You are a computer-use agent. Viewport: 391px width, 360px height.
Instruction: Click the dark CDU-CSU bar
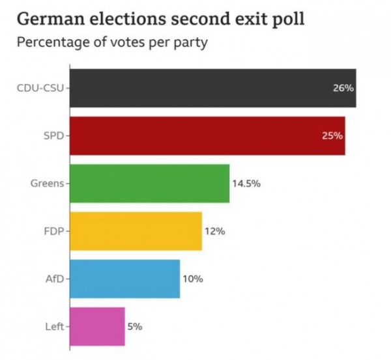click(212, 88)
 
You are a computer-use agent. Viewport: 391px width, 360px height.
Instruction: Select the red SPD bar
click(207, 135)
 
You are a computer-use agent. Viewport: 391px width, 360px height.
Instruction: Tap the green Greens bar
click(149, 183)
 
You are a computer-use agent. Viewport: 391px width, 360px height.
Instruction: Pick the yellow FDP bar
click(136, 231)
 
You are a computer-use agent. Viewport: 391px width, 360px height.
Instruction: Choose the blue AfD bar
click(124, 279)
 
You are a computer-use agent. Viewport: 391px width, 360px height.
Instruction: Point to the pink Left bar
click(97, 326)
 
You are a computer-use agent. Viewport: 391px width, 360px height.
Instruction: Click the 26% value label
click(343, 88)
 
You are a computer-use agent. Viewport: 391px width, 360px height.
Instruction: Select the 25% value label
click(332, 135)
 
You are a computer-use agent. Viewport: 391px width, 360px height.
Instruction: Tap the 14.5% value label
click(246, 184)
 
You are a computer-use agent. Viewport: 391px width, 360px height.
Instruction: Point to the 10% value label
click(193, 279)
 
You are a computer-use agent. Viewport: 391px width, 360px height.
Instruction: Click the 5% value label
click(135, 326)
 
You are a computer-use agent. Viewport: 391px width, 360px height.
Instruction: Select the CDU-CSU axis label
click(40, 88)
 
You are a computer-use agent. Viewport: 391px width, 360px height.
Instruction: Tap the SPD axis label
click(53, 135)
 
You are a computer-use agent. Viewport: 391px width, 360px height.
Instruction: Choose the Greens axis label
click(46, 184)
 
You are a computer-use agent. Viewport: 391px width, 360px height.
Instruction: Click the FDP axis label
click(53, 231)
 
